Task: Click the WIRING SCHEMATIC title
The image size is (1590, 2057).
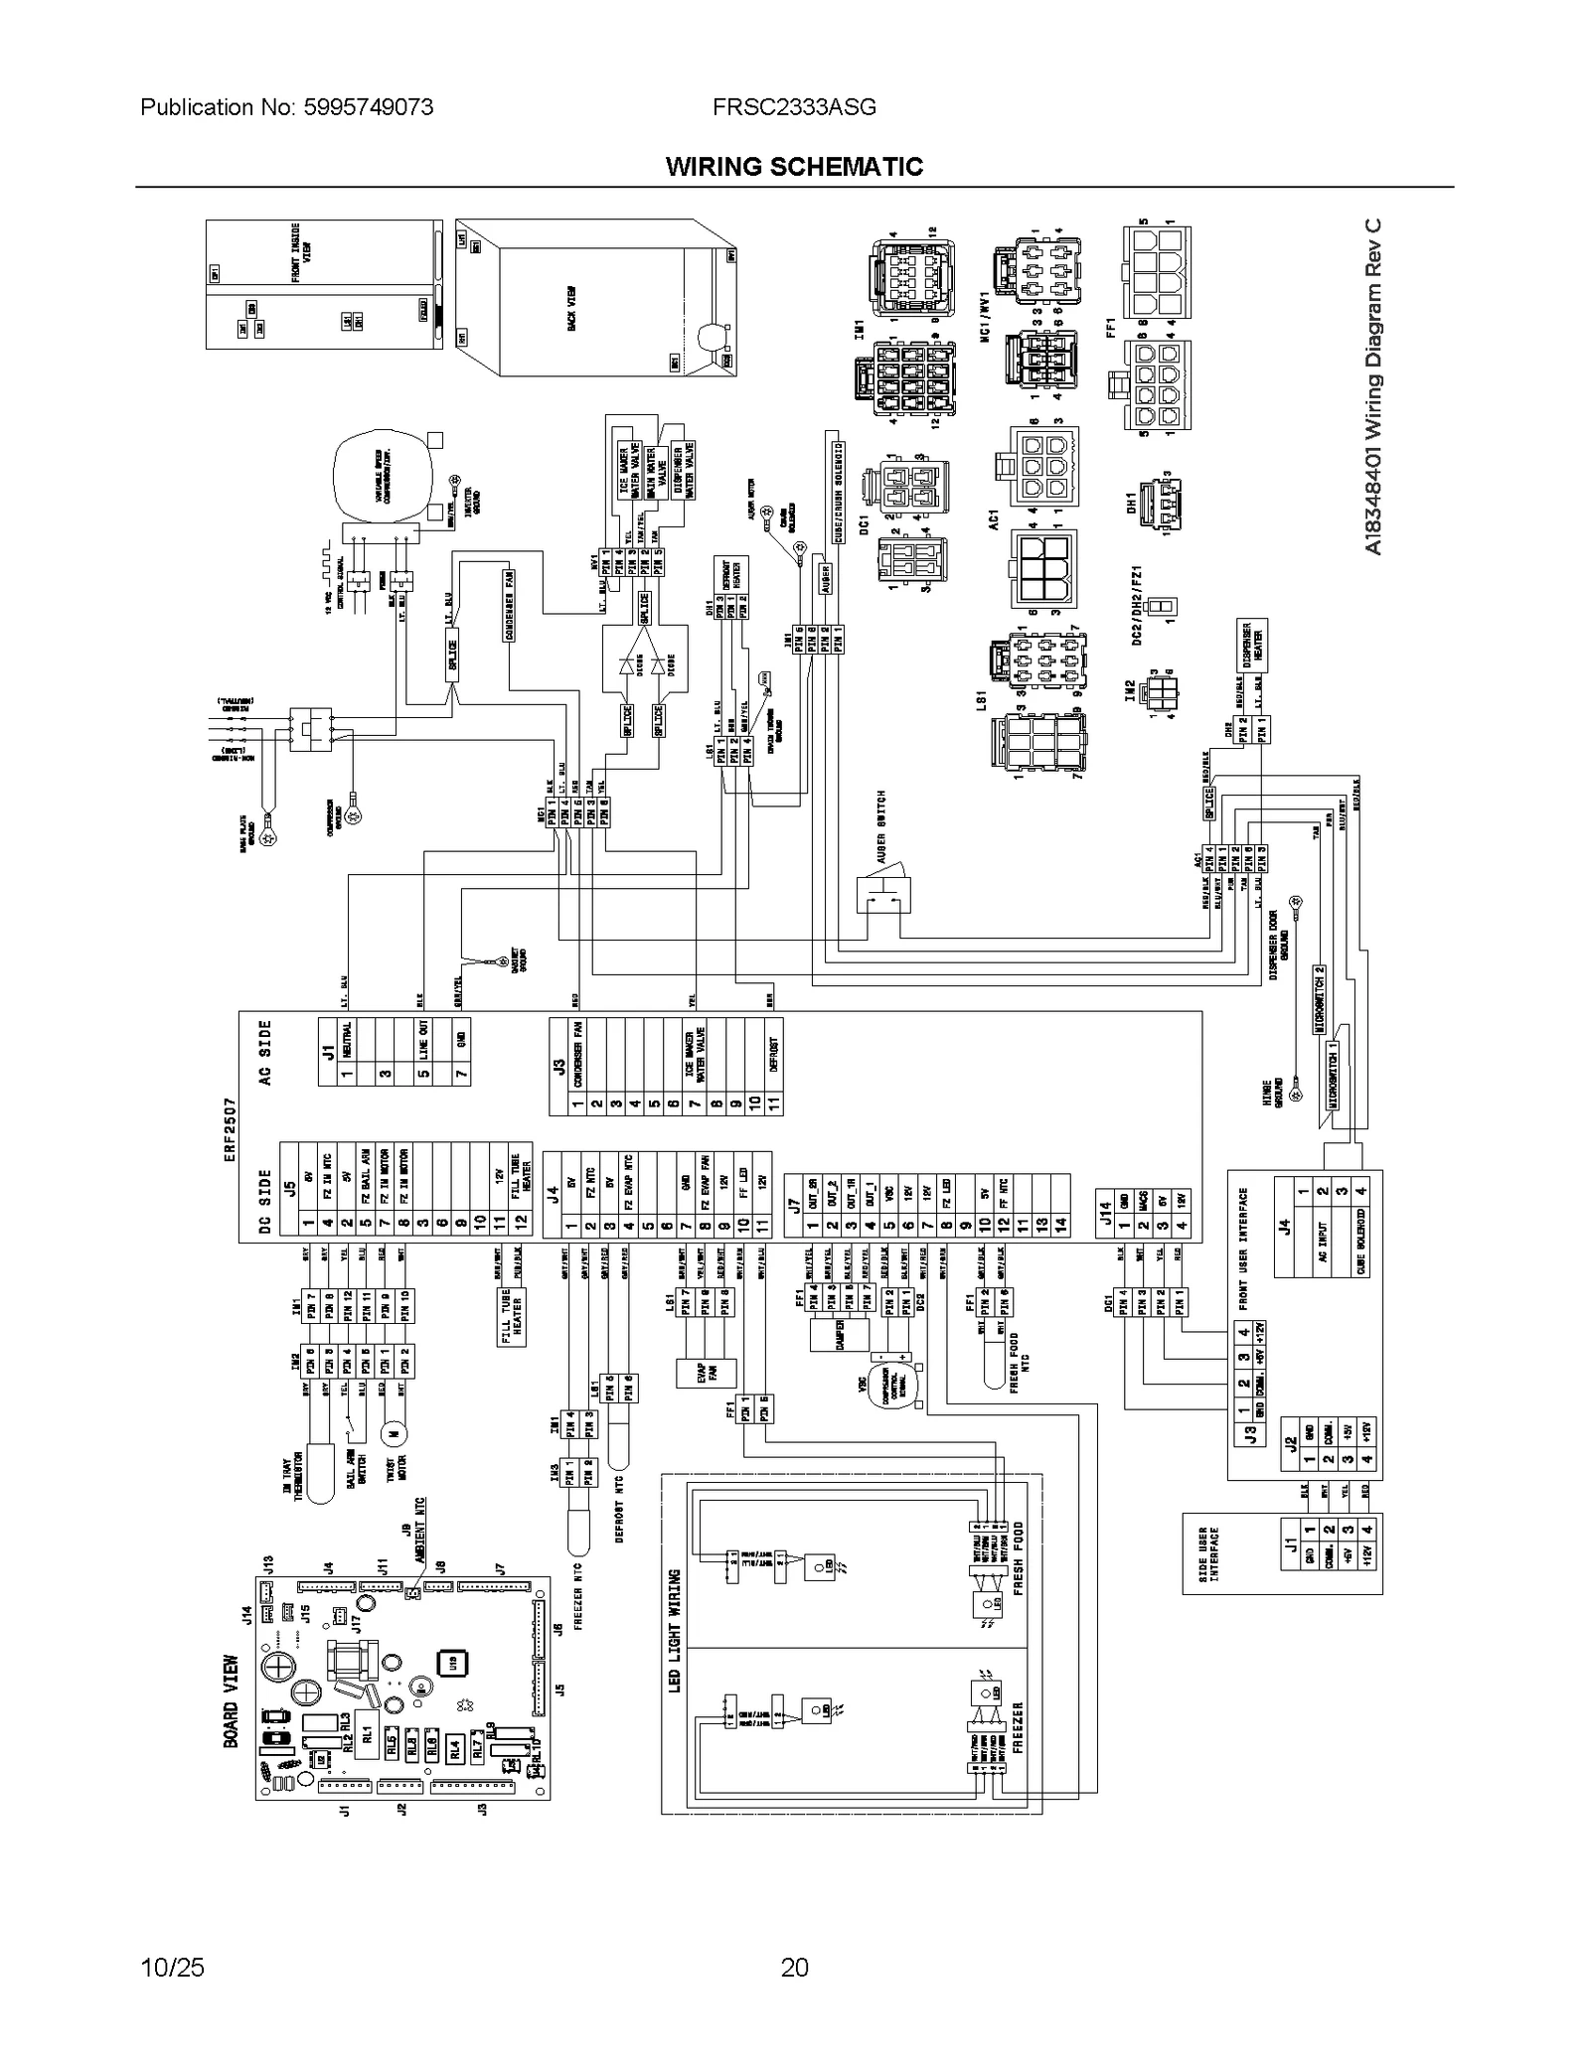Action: pyautogui.click(x=794, y=167)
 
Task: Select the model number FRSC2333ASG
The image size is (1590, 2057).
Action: pyautogui.click(x=794, y=107)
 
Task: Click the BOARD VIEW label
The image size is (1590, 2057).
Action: pyautogui.click(x=231, y=1701)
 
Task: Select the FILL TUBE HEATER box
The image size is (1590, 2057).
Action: pyautogui.click(x=512, y=1318)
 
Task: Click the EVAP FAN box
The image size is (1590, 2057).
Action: pyautogui.click(x=707, y=1374)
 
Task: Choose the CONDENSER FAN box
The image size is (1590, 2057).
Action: pyautogui.click(x=509, y=605)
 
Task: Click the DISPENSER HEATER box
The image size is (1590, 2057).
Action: pyautogui.click(x=1251, y=645)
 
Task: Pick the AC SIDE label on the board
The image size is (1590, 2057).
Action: pyautogui.click(x=264, y=1053)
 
